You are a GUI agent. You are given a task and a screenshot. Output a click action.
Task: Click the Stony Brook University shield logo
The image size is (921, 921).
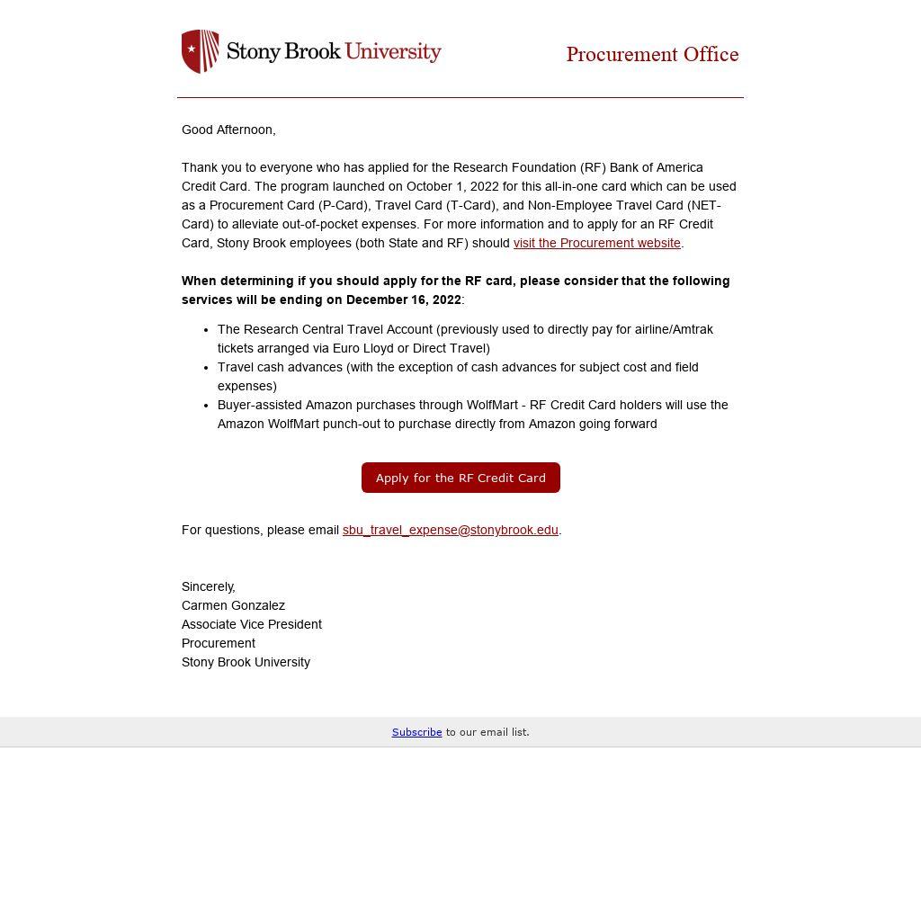(200, 51)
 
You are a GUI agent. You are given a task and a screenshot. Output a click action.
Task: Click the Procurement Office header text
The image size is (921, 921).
(652, 55)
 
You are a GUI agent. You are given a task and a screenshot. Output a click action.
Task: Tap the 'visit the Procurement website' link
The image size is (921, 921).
(596, 243)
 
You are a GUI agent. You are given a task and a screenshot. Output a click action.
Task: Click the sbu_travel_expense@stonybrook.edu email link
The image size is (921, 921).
(450, 530)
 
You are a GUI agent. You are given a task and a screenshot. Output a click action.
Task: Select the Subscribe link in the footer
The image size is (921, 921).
(416, 732)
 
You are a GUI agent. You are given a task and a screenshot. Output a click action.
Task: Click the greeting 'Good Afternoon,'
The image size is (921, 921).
(228, 130)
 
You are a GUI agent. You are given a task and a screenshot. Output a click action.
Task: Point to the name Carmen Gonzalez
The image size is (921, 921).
(233, 605)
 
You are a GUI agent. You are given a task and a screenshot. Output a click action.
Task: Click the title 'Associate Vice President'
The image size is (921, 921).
(252, 624)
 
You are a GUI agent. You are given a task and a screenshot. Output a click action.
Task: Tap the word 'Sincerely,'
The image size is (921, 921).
(209, 586)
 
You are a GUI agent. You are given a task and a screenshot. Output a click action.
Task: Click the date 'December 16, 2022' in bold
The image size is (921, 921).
(403, 300)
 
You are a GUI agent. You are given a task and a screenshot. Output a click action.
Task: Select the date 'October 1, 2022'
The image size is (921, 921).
(452, 186)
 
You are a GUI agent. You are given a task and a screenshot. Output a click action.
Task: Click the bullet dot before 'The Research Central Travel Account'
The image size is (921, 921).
(206, 330)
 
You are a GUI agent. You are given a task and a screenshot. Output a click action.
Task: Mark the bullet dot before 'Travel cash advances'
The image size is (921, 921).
(206, 368)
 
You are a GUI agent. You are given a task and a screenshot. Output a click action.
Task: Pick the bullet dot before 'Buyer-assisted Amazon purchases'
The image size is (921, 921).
(206, 406)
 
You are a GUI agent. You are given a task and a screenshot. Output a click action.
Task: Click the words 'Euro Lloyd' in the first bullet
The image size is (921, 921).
(362, 348)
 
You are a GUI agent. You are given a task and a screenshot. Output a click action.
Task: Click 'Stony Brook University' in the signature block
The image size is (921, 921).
(246, 662)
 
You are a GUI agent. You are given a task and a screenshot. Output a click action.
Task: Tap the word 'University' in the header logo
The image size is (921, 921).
(393, 51)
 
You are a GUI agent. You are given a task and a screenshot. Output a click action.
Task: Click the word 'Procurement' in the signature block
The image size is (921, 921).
(219, 643)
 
